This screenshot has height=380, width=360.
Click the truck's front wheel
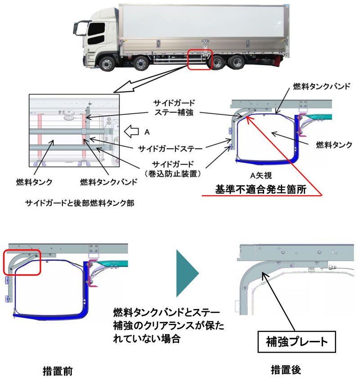108,63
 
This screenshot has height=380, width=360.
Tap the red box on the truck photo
199,59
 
